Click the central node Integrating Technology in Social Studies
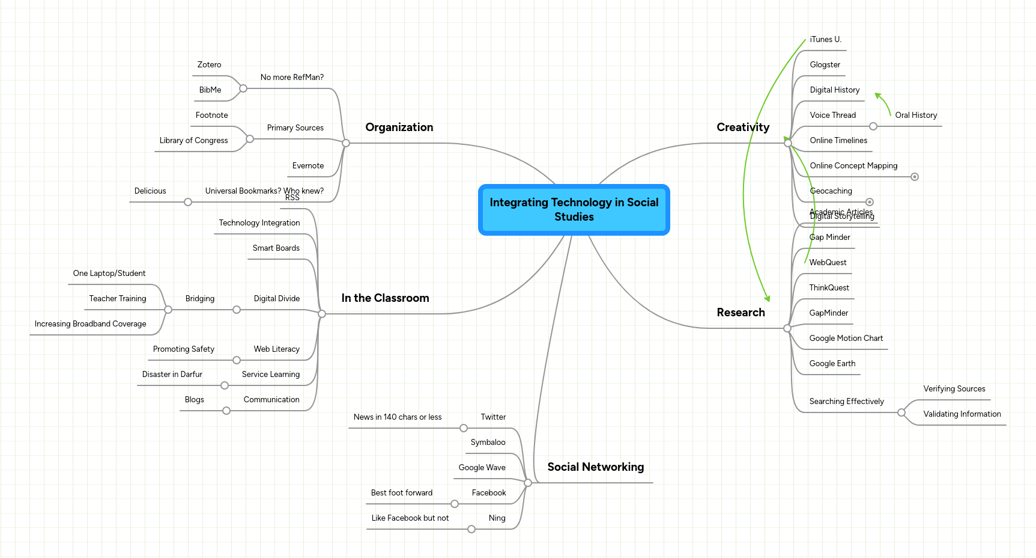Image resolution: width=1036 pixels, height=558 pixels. [x=574, y=209]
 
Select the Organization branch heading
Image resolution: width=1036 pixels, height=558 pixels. [x=399, y=127]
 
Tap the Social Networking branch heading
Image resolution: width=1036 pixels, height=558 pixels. [x=595, y=467]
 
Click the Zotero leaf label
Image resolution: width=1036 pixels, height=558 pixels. [x=209, y=65]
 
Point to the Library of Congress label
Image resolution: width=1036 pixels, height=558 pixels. [x=193, y=141]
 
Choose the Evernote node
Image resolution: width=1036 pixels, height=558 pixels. [x=307, y=166]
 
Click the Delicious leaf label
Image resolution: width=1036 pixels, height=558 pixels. [x=150, y=191]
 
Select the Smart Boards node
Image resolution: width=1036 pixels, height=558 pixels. [x=276, y=248]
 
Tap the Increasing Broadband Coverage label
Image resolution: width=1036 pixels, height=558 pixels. [x=90, y=324]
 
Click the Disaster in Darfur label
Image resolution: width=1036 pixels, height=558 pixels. [x=172, y=375]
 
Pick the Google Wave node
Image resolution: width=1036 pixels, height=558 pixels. [x=482, y=468]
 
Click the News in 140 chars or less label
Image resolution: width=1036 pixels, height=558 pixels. [x=397, y=417]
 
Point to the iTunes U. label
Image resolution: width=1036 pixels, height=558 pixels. [x=825, y=40]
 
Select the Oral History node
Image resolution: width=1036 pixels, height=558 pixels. [x=915, y=115]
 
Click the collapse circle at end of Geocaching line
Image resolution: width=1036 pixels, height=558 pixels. [x=869, y=202]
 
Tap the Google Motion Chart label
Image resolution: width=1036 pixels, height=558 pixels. [x=846, y=339]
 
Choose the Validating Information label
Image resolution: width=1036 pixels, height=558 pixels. [x=962, y=414]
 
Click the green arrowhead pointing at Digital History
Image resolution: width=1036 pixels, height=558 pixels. [x=878, y=96]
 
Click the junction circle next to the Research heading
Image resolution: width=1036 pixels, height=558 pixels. [x=787, y=328]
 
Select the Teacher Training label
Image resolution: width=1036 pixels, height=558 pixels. [x=118, y=299]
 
